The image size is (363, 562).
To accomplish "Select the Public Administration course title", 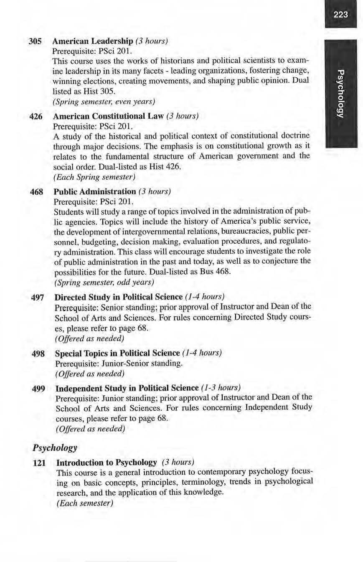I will pyautogui.click(x=95, y=192).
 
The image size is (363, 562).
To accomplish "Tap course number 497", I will pyautogui.click(x=38, y=297).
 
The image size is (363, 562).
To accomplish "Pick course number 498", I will pyautogui.click(x=39, y=353).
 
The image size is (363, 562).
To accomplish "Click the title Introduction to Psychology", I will pyautogui.click(x=107, y=463).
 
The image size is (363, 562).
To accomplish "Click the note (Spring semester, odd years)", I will pyautogui.click(x=104, y=282).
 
